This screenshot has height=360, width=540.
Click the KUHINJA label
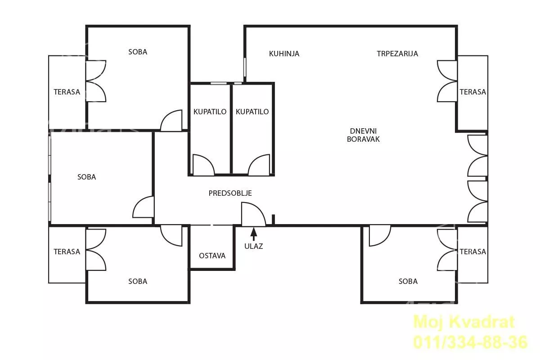(x=284, y=54)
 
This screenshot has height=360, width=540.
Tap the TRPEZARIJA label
(x=397, y=54)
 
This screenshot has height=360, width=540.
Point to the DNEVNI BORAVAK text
(x=363, y=135)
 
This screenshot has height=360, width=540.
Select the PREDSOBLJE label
(x=230, y=193)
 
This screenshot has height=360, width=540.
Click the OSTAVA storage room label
(x=212, y=256)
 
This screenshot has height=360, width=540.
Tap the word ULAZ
(x=254, y=246)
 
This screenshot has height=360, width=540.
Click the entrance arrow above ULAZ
(x=254, y=234)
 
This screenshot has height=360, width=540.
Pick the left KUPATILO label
(x=210, y=112)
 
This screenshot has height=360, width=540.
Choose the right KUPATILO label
(x=252, y=112)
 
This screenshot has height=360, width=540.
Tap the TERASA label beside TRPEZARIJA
(x=473, y=92)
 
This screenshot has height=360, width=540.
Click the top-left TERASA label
(x=67, y=92)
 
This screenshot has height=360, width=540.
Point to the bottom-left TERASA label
(x=67, y=252)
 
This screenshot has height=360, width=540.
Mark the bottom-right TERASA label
(x=473, y=252)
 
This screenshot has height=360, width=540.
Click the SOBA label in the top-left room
(x=138, y=52)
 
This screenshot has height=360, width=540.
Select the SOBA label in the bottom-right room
(x=408, y=281)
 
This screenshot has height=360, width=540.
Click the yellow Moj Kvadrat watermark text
(x=464, y=322)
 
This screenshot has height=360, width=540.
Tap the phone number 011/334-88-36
(x=471, y=342)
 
